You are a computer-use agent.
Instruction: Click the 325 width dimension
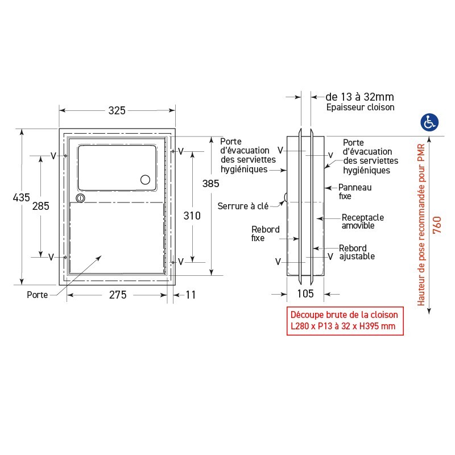point(117,111)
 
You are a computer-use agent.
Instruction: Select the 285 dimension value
point(40,206)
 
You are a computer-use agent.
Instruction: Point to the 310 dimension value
point(193,216)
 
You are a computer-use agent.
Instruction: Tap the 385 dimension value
point(211,184)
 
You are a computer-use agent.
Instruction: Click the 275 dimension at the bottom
point(117,295)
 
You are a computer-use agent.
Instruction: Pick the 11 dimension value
point(191,295)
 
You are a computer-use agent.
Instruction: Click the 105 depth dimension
point(305,293)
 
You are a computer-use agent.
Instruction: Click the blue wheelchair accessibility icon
point(429,121)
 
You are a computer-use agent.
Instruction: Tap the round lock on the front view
point(80,198)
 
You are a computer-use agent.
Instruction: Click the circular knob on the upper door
point(146,180)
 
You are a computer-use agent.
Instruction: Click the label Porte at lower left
point(37,295)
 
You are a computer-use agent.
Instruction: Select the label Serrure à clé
point(242,206)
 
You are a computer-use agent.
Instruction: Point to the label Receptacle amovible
point(362,222)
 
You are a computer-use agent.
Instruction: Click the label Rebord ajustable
point(357,253)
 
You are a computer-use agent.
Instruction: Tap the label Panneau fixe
point(355,191)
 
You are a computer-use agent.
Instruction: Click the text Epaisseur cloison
point(360,107)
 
